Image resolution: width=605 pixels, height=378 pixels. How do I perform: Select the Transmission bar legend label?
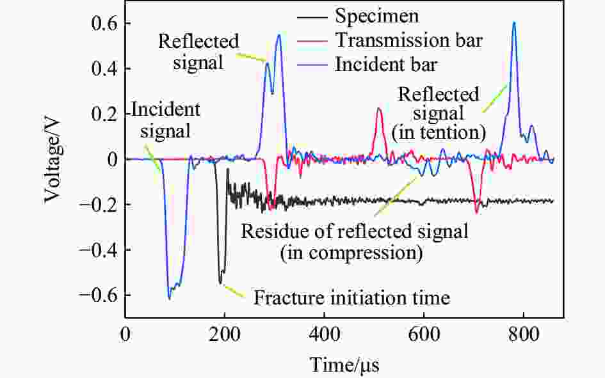[408, 40]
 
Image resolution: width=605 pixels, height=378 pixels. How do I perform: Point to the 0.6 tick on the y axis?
[104, 23]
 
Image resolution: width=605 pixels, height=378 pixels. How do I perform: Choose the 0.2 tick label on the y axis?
[104, 114]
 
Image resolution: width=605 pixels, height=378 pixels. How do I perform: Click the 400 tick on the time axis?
[325, 335]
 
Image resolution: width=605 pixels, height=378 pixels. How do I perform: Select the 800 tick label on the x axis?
[524, 335]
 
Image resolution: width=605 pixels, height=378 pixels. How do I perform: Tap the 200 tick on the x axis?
[225, 335]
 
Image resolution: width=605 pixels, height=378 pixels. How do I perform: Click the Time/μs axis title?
[345, 365]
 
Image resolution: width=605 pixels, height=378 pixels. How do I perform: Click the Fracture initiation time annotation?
[352, 298]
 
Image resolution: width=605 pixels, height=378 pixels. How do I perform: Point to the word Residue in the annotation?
[269, 230]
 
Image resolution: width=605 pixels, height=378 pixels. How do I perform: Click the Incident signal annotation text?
[165, 120]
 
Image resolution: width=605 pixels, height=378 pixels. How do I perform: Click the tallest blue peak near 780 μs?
[513, 24]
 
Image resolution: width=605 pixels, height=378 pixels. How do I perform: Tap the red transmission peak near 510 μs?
[378, 109]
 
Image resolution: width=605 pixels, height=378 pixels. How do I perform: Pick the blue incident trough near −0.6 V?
[170, 297]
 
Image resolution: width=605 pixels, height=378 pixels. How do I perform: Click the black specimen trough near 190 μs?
[221, 281]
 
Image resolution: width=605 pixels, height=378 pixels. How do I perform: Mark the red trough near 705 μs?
[476, 211]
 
